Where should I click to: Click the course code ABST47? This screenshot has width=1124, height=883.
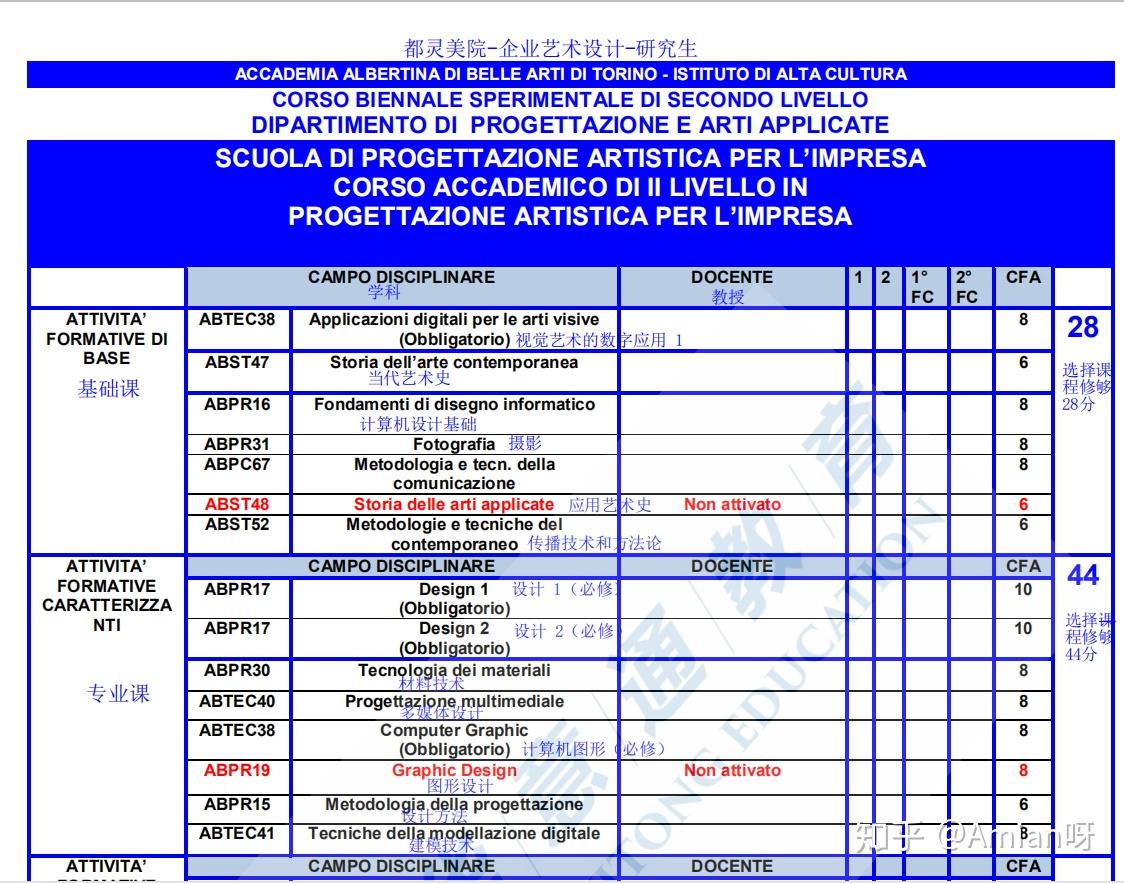pyautogui.click(x=237, y=363)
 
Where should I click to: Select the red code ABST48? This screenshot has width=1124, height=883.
pyautogui.click(x=237, y=505)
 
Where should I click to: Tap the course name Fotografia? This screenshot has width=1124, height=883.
pyautogui.click(x=454, y=444)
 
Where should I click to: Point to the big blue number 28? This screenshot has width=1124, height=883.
pyautogui.click(x=1083, y=327)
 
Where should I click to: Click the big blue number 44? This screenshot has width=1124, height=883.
pyautogui.click(x=1083, y=575)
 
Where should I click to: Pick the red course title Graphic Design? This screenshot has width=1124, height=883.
pyautogui.click(x=454, y=771)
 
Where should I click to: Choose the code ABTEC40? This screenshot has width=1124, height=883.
pyautogui.click(x=237, y=702)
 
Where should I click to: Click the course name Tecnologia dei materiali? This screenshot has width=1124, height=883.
pyautogui.click(x=454, y=671)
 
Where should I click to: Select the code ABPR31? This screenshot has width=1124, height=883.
pyautogui.click(x=237, y=444)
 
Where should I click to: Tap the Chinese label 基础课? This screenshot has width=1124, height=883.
pyautogui.click(x=108, y=390)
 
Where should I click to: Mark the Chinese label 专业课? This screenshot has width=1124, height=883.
pyautogui.click(x=118, y=694)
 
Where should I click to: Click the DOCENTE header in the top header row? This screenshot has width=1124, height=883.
pyautogui.click(x=732, y=278)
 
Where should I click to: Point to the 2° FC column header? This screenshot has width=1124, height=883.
pyautogui.click(x=966, y=287)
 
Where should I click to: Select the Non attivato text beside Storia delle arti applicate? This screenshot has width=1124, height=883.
pyautogui.click(x=732, y=505)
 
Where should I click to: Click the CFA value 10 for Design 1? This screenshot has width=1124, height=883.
pyautogui.click(x=1023, y=590)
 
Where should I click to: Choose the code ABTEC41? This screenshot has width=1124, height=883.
pyautogui.click(x=237, y=834)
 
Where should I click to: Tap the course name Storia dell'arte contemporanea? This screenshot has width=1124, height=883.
pyautogui.click(x=454, y=363)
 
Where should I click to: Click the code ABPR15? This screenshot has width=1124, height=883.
pyautogui.click(x=237, y=805)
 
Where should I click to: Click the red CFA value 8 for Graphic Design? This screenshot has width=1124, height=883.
pyautogui.click(x=1023, y=771)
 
